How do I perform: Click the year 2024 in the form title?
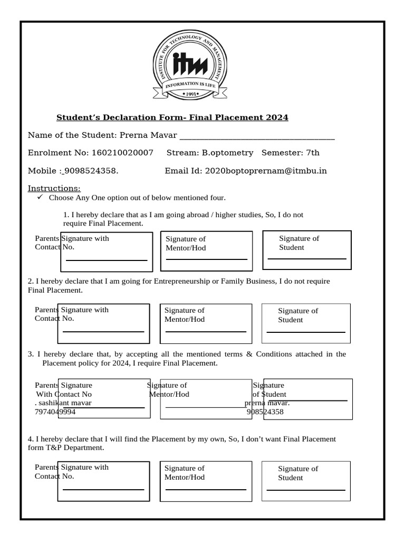[278, 117]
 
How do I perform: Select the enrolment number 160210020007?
[122, 153]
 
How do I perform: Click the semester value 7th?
[313, 153]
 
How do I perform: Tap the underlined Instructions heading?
[54, 189]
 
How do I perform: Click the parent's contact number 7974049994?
[55, 412]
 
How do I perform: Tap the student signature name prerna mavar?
[267, 403]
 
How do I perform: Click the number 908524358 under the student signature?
[265, 412]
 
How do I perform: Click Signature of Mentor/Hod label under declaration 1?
[186, 244]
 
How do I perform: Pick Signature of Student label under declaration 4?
[298, 473]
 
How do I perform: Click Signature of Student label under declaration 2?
[298, 315]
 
